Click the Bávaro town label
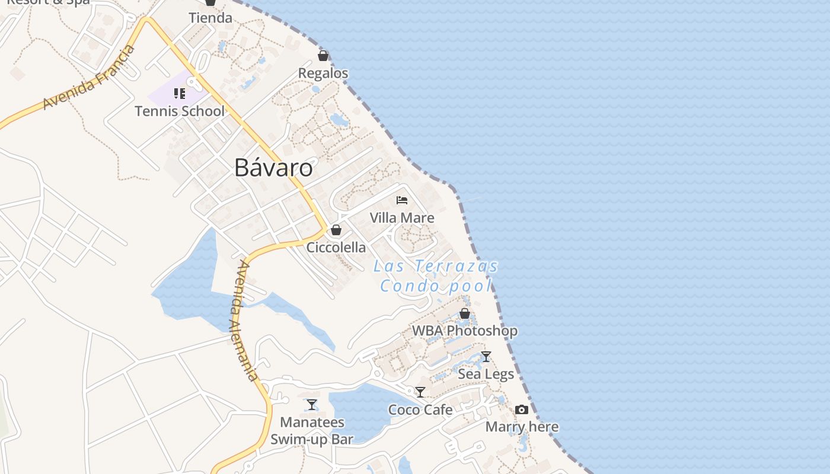(x=273, y=168)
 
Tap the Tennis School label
(x=180, y=111)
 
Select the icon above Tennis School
(x=180, y=94)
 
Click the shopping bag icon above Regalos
(x=323, y=56)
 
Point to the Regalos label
(x=323, y=73)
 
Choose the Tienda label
(x=210, y=18)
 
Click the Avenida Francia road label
(x=90, y=78)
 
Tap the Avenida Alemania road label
(x=245, y=321)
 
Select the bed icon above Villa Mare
(x=402, y=200)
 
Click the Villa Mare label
(x=402, y=218)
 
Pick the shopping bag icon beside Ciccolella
(x=336, y=230)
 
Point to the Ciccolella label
(x=336, y=247)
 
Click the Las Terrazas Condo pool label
(x=436, y=276)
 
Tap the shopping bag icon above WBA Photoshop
(x=465, y=313)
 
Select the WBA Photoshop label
(x=465, y=331)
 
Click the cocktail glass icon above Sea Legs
(x=486, y=357)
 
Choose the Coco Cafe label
(x=420, y=409)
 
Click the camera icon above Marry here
(x=522, y=409)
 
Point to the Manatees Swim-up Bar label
(x=312, y=431)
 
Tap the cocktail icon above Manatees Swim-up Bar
(x=312, y=405)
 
